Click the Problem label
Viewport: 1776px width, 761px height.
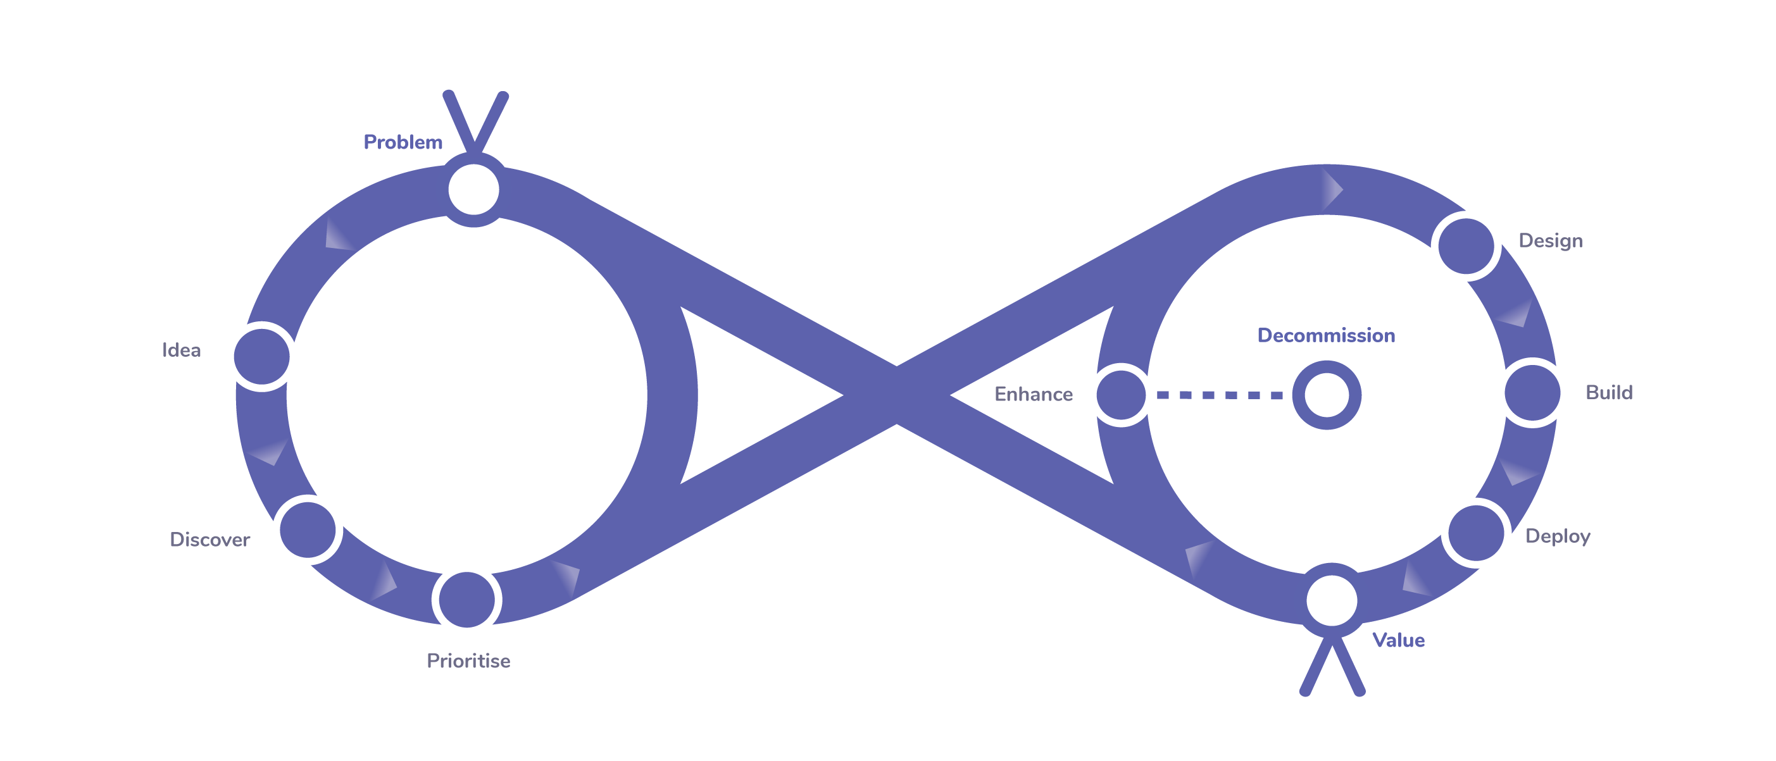click(x=403, y=142)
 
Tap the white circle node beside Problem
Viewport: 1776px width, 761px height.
click(x=473, y=190)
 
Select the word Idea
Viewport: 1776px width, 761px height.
click(x=181, y=350)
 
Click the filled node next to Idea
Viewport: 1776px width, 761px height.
click(x=262, y=356)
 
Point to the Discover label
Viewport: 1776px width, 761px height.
click(x=209, y=539)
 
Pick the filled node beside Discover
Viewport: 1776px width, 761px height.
click(x=308, y=530)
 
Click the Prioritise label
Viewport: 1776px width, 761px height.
click(x=468, y=660)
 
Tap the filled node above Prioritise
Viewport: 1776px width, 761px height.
click(x=466, y=600)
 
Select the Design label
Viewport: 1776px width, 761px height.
click(x=1551, y=240)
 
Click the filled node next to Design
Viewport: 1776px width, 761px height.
click(x=1466, y=246)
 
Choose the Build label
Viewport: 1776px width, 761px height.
click(x=1608, y=392)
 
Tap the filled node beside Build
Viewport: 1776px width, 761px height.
click(x=1532, y=393)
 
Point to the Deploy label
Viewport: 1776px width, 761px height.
click(x=1558, y=536)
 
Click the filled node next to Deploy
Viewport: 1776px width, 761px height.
click(x=1475, y=533)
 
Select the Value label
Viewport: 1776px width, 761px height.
click(x=1398, y=640)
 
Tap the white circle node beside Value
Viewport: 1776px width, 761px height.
click(x=1331, y=600)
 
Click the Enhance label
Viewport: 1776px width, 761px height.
click(x=1033, y=393)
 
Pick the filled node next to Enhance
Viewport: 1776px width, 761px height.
click(x=1121, y=395)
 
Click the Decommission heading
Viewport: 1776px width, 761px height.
click(x=1326, y=335)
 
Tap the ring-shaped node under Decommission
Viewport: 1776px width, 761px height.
click(x=1326, y=395)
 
